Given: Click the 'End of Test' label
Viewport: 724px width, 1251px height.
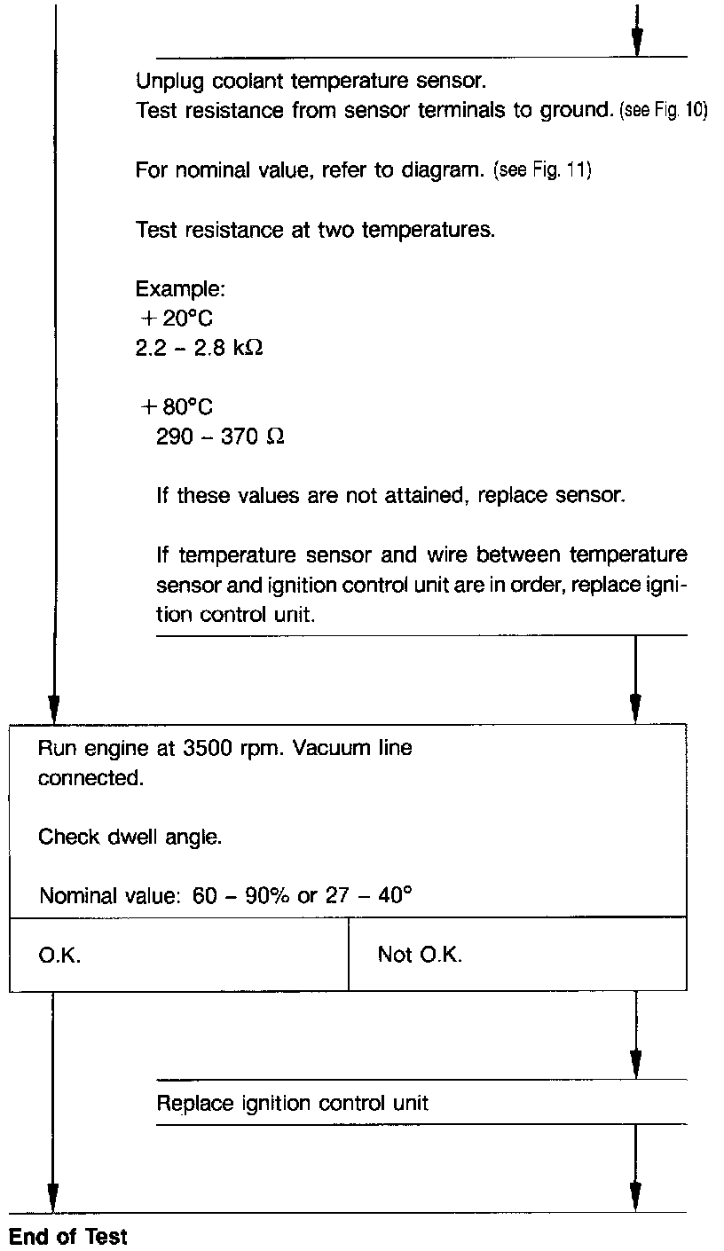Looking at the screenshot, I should click(68, 1236).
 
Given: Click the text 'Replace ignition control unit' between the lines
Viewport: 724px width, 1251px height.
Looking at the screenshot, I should click(292, 1103).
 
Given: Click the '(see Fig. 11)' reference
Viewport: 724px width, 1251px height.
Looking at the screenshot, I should click(541, 170).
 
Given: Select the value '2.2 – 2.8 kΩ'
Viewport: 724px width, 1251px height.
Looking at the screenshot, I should click(199, 347).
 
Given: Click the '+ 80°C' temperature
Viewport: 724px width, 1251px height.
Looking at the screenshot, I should click(177, 407).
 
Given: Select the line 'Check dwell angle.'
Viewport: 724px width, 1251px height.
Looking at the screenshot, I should click(129, 836).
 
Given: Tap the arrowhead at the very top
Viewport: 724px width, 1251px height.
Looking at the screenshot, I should click(636, 40).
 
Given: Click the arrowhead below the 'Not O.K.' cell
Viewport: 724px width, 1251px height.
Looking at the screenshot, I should click(635, 1060).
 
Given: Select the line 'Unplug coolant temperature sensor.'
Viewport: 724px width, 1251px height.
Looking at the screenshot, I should click(311, 82).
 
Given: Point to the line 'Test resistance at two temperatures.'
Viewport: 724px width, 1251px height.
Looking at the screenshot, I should click(315, 230).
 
